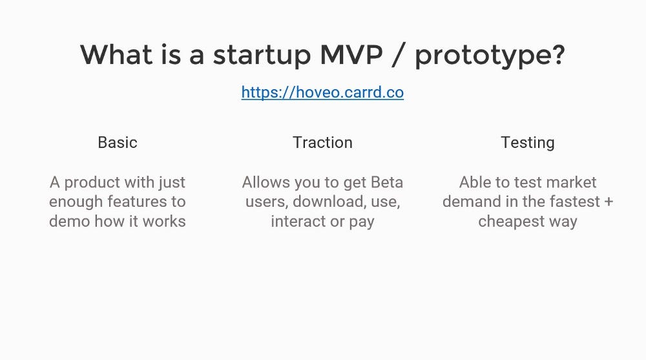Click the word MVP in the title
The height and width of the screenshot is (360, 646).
click(351, 54)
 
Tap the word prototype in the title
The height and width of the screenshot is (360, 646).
click(485, 56)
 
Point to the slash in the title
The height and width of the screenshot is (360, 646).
click(397, 54)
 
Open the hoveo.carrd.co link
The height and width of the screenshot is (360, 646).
click(322, 92)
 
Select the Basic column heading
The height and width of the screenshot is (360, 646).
click(118, 143)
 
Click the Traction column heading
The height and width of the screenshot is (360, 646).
click(322, 143)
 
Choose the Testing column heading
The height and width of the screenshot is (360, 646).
click(528, 143)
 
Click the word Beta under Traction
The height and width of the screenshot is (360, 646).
click(387, 182)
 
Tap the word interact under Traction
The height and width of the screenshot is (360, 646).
click(297, 221)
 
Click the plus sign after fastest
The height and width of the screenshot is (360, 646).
click(609, 202)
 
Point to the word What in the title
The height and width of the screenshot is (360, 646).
click(116, 54)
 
